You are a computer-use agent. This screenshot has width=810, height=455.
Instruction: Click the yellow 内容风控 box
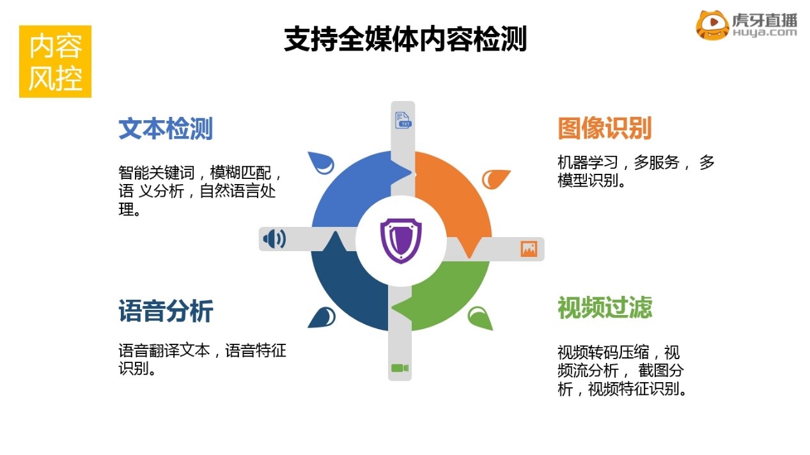point(56,61)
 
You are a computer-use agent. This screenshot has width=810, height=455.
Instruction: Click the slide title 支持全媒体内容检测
point(405,39)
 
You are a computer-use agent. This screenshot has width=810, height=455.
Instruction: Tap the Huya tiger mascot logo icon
point(712,25)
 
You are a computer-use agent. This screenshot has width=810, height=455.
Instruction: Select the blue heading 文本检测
point(166,128)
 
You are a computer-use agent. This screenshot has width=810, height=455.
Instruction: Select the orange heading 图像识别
point(605,128)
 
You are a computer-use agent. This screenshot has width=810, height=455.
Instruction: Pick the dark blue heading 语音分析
point(166,311)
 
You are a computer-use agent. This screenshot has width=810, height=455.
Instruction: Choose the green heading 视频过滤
point(605,307)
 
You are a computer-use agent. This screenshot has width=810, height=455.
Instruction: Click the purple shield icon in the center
point(401,241)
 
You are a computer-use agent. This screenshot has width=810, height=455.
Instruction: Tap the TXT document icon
point(403,120)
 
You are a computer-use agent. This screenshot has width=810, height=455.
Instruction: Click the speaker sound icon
point(274,239)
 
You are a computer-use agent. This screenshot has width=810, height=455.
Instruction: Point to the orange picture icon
point(529,249)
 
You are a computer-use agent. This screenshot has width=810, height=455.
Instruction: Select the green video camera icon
point(400,368)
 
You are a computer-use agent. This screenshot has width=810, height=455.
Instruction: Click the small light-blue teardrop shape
point(322,162)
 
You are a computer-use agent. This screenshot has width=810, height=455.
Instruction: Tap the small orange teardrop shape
point(495,179)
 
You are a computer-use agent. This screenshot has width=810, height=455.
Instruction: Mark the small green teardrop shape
point(480,318)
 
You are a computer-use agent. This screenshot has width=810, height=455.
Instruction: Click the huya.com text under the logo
point(765,33)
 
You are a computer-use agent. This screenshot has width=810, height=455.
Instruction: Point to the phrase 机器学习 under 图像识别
point(588,162)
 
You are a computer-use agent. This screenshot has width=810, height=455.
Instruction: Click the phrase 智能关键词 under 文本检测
point(157,173)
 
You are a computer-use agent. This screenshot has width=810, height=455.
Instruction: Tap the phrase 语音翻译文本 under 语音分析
point(164,351)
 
